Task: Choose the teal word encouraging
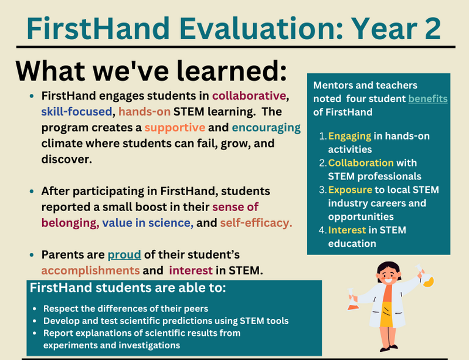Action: [266, 127]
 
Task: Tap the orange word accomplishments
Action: [90, 270]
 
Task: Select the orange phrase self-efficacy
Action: [256, 223]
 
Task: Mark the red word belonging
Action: [69, 223]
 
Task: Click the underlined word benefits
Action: [427, 99]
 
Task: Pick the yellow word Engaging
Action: [349, 136]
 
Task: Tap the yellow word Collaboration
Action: [361, 162]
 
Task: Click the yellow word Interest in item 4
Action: [347, 229]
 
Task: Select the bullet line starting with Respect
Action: [126, 308]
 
